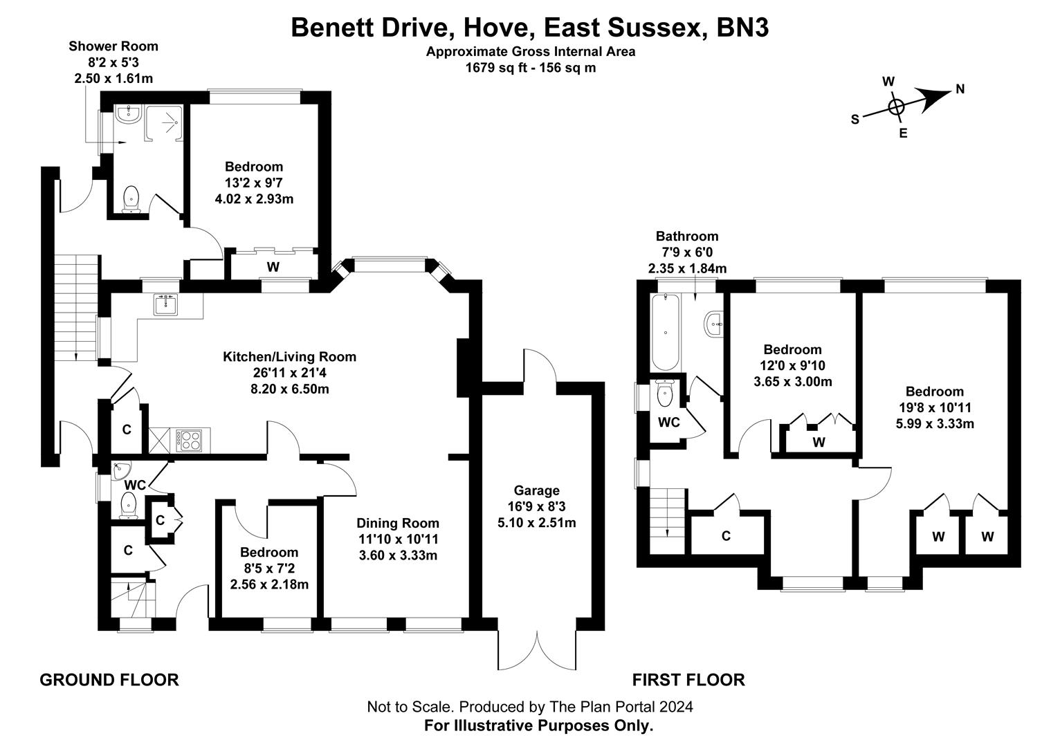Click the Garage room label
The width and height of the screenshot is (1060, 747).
[536, 490]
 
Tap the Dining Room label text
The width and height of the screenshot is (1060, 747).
[398, 523]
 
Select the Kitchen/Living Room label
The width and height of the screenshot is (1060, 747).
[289, 357]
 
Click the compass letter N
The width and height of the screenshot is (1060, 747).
[960, 89]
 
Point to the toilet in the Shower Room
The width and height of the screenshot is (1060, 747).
[130, 199]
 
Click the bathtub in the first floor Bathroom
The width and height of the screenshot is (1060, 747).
[666, 333]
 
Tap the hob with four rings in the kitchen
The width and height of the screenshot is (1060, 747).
[191, 440]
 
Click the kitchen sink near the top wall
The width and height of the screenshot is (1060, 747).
[165, 304]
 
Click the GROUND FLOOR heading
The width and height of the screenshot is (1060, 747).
[109, 680]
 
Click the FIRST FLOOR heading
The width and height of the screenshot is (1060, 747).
[688, 680]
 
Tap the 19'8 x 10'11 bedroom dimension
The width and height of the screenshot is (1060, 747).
[935, 407]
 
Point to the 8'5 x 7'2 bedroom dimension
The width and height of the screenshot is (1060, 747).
[269, 569]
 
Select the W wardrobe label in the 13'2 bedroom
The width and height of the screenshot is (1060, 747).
[273, 266]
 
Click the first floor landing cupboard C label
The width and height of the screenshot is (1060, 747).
[726, 536]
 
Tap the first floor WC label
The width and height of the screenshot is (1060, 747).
[668, 422]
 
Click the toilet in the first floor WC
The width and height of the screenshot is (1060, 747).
[664, 394]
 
